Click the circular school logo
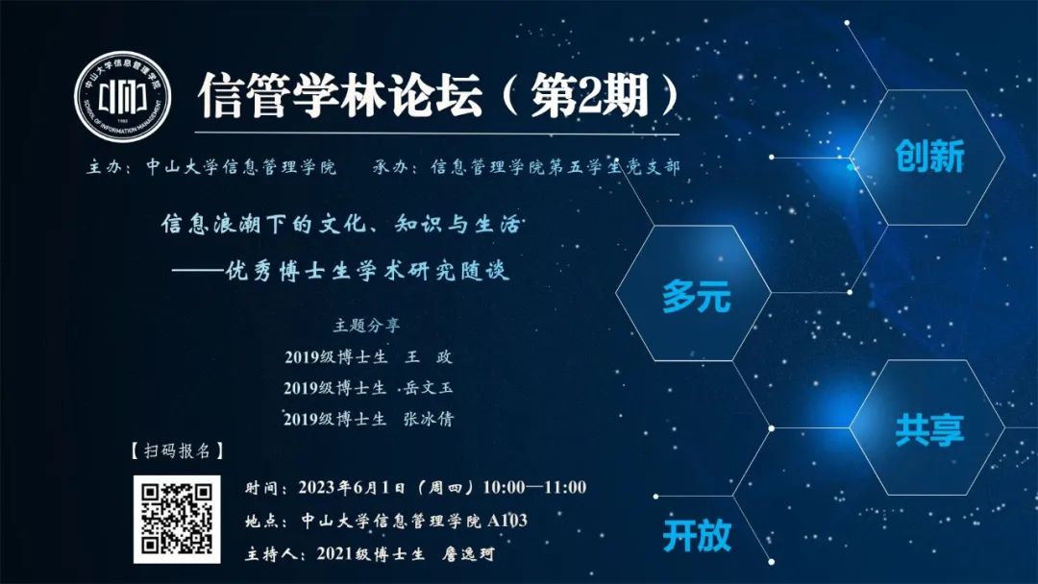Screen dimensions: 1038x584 click(x=122, y=97)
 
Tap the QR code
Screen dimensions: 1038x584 click(x=177, y=520)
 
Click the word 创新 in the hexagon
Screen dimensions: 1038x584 click(x=929, y=157)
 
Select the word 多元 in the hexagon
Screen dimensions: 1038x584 click(x=697, y=295)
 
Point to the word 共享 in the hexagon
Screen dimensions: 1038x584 click(x=929, y=429)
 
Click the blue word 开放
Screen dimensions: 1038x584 click(x=697, y=535)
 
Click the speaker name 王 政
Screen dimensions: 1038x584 click(x=429, y=357)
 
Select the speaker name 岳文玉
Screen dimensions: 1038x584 click(x=429, y=387)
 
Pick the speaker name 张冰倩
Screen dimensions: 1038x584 click(x=429, y=419)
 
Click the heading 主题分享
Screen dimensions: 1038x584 click(x=366, y=326)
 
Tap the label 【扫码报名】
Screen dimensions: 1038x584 click(x=177, y=451)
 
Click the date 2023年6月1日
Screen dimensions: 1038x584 click(x=351, y=487)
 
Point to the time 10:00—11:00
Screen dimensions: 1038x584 click(x=534, y=487)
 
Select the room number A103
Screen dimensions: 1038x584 click(x=507, y=521)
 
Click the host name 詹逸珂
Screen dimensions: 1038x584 click(x=468, y=553)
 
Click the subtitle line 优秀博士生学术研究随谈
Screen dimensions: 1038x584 click(x=367, y=271)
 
